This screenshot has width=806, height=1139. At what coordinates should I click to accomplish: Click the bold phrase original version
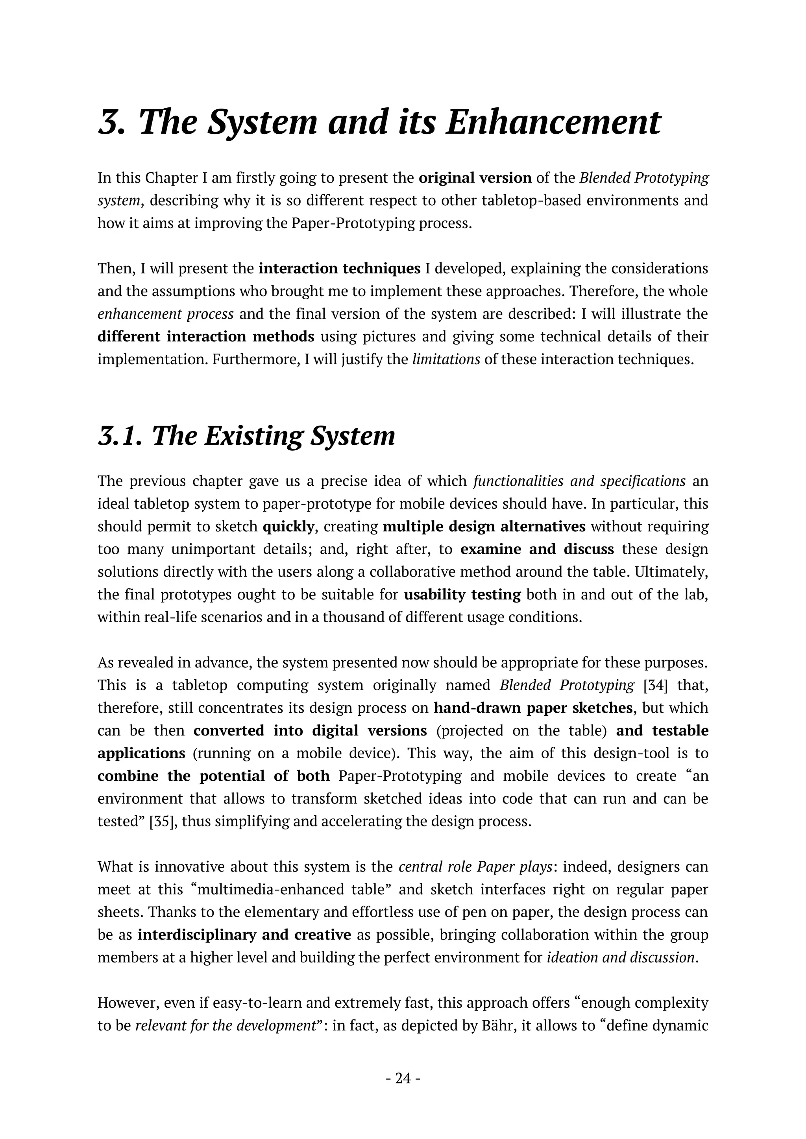475,178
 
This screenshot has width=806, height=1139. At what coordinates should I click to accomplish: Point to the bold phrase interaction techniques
340,268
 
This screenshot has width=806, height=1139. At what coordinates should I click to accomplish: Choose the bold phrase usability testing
462,594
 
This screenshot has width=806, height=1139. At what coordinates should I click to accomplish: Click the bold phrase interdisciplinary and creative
244,934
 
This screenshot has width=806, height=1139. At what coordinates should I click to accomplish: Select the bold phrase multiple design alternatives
484,526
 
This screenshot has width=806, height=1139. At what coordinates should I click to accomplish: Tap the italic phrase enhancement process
165,314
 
